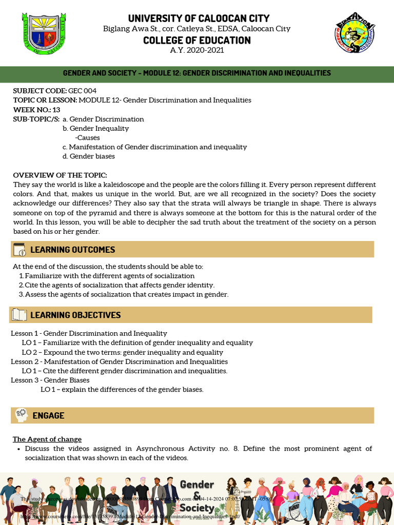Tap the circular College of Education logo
(x=354, y=32)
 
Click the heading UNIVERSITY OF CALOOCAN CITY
(x=196, y=18)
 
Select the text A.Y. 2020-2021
(x=196, y=50)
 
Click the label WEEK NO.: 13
(x=36, y=110)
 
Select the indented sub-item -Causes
(x=87, y=138)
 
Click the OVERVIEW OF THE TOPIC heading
(x=60, y=175)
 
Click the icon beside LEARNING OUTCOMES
(x=19, y=250)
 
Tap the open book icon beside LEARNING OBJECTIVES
(x=19, y=315)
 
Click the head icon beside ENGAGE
(x=21, y=415)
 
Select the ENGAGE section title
(x=48, y=415)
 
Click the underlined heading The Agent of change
(x=47, y=439)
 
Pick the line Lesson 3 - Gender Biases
(x=50, y=380)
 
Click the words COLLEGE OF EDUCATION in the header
(x=196, y=40)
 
